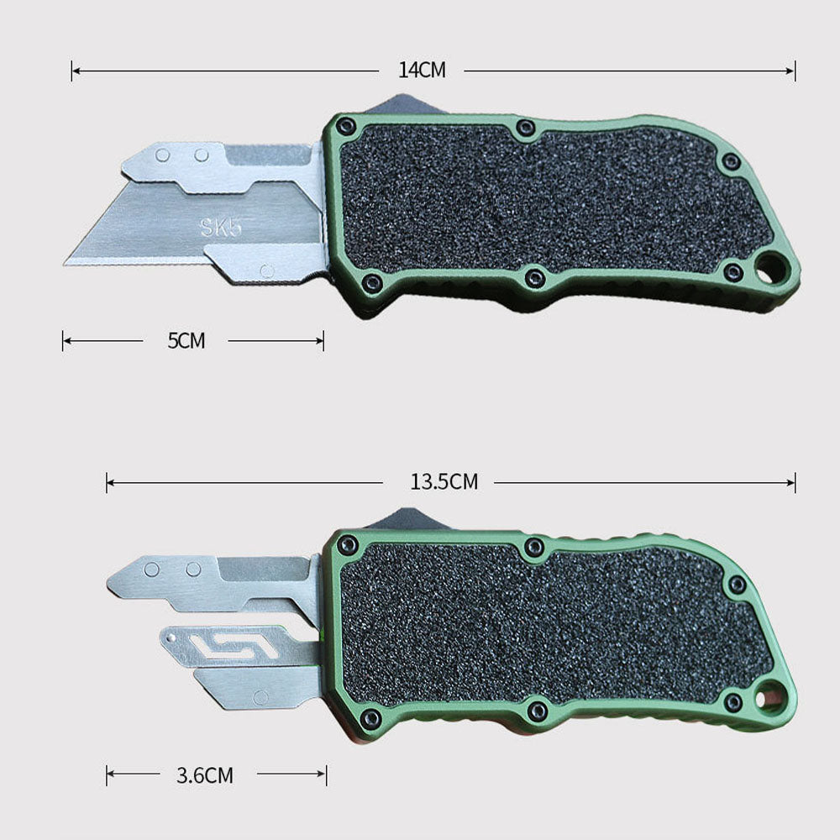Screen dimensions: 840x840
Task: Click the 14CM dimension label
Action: [x=422, y=71]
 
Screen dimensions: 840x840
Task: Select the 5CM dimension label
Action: [x=186, y=340]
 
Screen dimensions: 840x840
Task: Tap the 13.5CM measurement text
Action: [x=444, y=482]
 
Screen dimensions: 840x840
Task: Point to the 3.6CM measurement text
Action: [x=205, y=775]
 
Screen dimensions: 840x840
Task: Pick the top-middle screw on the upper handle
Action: [x=526, y=129]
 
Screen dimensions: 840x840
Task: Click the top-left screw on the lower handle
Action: [x=348, y=545]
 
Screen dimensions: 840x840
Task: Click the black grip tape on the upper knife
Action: [x=546, y=202]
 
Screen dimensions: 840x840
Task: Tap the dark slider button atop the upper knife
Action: [x=395, y=106]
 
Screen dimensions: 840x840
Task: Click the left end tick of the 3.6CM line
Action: [x=107, y=775]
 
